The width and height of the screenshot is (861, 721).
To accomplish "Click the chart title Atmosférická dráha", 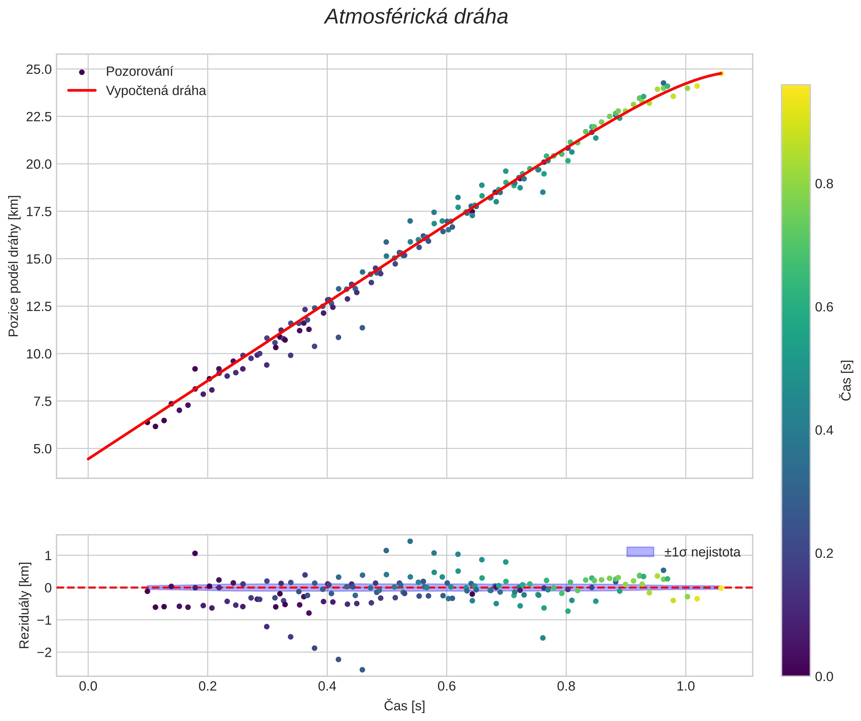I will pyautogui.click(x=416, y=17).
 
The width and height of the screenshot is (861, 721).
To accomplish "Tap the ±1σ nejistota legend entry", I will pyautogui.click(x=702, y=552).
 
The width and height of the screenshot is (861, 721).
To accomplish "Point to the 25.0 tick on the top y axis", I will pyautogui.click(x=39, y=70).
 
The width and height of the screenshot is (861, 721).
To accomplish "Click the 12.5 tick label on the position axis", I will pyautogui.click(x=39, y=307).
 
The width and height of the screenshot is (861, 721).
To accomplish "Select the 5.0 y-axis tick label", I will pyautogui.click(x=42, y=449).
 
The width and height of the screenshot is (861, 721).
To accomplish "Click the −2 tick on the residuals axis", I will pyautogui.click(x=43, y=652).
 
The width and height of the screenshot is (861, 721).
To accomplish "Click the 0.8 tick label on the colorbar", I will pyautogui.click(x=824, y=184).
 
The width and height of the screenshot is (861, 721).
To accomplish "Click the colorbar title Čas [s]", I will pyautogui.click(x=846, y=381).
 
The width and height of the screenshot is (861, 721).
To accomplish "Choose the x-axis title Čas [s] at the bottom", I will pyautogui.click(x=404, y=706).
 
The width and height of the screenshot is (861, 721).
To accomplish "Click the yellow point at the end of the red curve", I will pyautogui.click(x=721, y=74).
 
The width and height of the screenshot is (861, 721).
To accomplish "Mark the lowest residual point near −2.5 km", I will pyautogui.click(x=362, y=670).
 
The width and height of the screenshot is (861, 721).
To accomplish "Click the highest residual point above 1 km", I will pyautogui.click(x=410, y=541).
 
